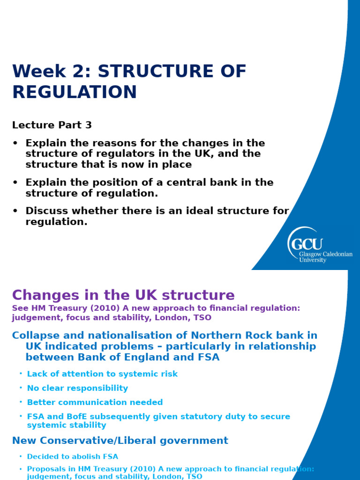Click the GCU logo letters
(x=307, y=244)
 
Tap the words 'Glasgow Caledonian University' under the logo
(x=326, y=257)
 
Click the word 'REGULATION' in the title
(x=75, y=92)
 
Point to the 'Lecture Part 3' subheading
(x=52, y=125)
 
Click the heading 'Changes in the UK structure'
(x=123, y=295)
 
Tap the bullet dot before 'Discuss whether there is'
(x=15, y=211)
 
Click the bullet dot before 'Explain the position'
(x=15, y=183)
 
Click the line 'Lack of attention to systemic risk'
(x=102, y=374)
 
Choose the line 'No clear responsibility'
(x=77, y=388)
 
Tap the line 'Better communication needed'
(x=95, y=402)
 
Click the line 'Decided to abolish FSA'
(x=73, y=457)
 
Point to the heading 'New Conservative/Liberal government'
(x=120, y=441)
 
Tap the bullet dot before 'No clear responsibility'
(x=21, y=388)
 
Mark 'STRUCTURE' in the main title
(x=172, y=72)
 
